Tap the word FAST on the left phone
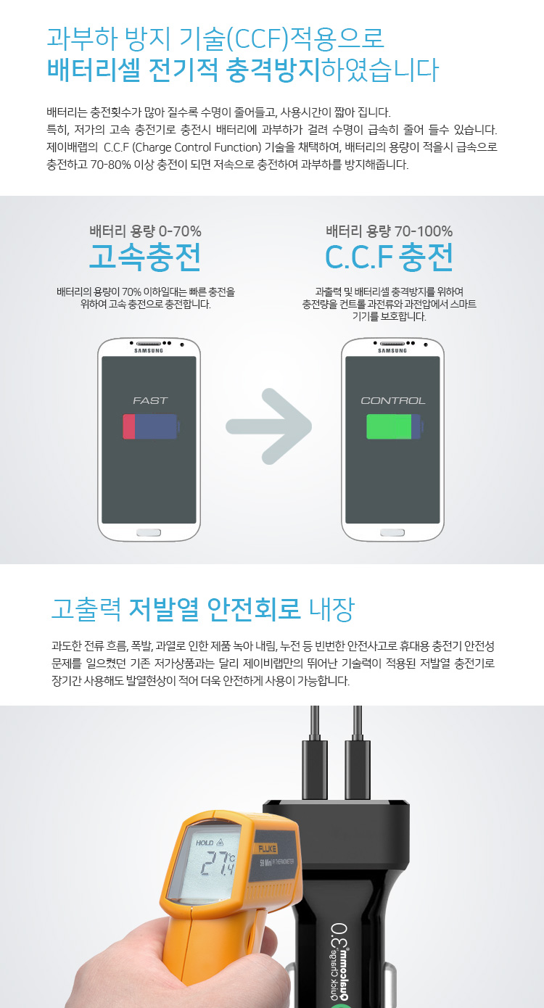pyautogui.click(x=150, y=400)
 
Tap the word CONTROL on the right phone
pyautogui.click(x=393, y=400)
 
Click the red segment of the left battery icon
pyautogui.click(x=128, y=426)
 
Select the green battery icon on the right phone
pyautogui.click(x=394, y=426)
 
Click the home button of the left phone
pyautogui.click(x=149, y=533)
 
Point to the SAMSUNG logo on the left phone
pyautogui.click(x=149, y=350)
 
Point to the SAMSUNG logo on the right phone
pyautogui.click(x=392, y=350)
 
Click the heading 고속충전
pyautogui.click(x=145, y=257)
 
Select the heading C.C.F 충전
pyautogui.click(x=389, y=257)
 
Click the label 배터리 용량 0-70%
pyautogui.click(x=145, y=231)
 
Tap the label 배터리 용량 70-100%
pyautogui.click(x=390, y=231)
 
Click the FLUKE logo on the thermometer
pyautogui.click(x=267, y=848)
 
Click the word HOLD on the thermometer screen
pyautogui.click(x=205, y=843)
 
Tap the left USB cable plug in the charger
pyautogui.click(x=315, y=769)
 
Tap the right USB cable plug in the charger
pyautogui.click(x=358, y=769)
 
